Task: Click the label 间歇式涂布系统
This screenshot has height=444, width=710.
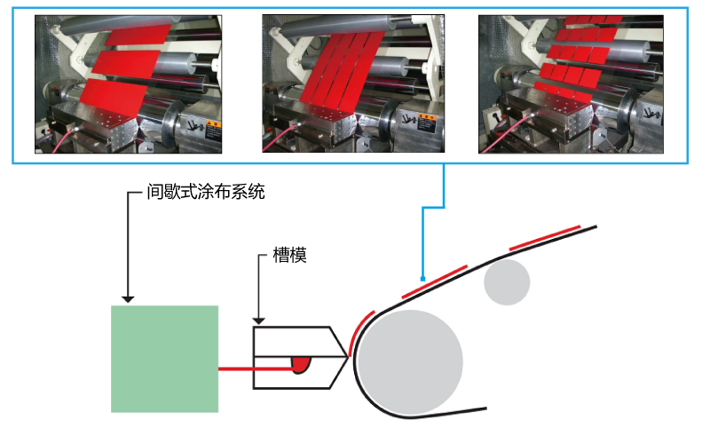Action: pos(206,192)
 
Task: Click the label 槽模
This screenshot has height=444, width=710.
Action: pos(290,255)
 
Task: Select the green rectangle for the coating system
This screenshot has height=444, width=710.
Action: pos(165,359)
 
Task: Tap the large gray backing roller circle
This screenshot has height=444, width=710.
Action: pos(411,363)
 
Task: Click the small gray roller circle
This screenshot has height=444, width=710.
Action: pos(507,281)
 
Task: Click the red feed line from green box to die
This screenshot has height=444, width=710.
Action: pos(256,369)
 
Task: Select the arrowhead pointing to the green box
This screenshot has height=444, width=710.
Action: pos(128,299)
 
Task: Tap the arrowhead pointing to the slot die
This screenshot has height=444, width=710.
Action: pos(258,321)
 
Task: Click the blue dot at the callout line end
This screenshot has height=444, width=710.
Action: pos(422,279)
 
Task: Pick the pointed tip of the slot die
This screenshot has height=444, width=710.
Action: pos(348,358)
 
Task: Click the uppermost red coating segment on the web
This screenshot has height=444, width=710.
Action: pos(545,238)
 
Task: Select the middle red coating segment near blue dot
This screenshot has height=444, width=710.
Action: pos(435,281)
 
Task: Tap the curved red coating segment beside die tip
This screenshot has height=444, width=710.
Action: pos(360,332)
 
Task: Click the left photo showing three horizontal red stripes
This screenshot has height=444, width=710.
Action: pos(128,84)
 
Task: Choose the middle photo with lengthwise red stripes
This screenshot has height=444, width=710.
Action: pos(353,83)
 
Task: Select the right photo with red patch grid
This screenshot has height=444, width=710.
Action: pos(571,84)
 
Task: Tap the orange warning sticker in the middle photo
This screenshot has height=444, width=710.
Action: pos(427,123)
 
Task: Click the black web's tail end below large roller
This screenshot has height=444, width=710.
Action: pos(486,408)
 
